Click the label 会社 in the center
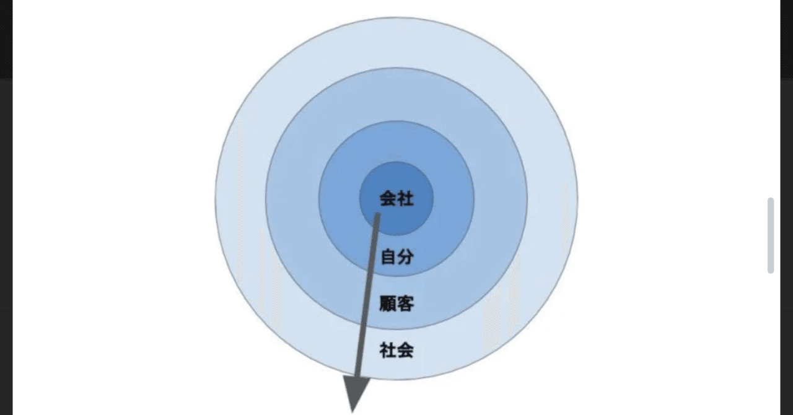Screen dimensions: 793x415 click(396, 199)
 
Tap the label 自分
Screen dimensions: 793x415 click(396, 256)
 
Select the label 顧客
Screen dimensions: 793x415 click(396, 304)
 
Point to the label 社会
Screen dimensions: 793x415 click(396, 351)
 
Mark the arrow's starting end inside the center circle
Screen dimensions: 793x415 click(377, 216)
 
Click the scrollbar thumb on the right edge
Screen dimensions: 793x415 click(771, 235)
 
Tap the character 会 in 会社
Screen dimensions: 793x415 click(388, 199)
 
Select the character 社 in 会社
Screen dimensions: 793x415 click(405, 199)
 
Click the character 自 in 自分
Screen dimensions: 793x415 click(388, 256)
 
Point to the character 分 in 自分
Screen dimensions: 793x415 click(405, 256)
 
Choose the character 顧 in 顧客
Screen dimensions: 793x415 click(388, 304)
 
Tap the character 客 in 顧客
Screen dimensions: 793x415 click(405, 304)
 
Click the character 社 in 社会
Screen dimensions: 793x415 click(388, 351)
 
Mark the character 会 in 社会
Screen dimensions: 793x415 click(405, 351)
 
